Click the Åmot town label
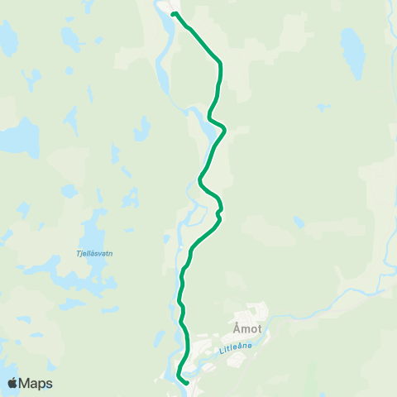[247, 328]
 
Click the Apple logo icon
[13, 383]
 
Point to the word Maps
[36, 383]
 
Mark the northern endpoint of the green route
[174, 13]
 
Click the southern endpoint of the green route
[187, 383]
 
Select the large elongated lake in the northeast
[352, 51]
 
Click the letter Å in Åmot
[238, 328]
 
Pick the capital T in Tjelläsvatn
[77, 255]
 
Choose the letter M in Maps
[26, 383]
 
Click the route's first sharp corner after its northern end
[221, 64]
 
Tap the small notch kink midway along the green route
[218, 214]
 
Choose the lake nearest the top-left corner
[8, 37]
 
